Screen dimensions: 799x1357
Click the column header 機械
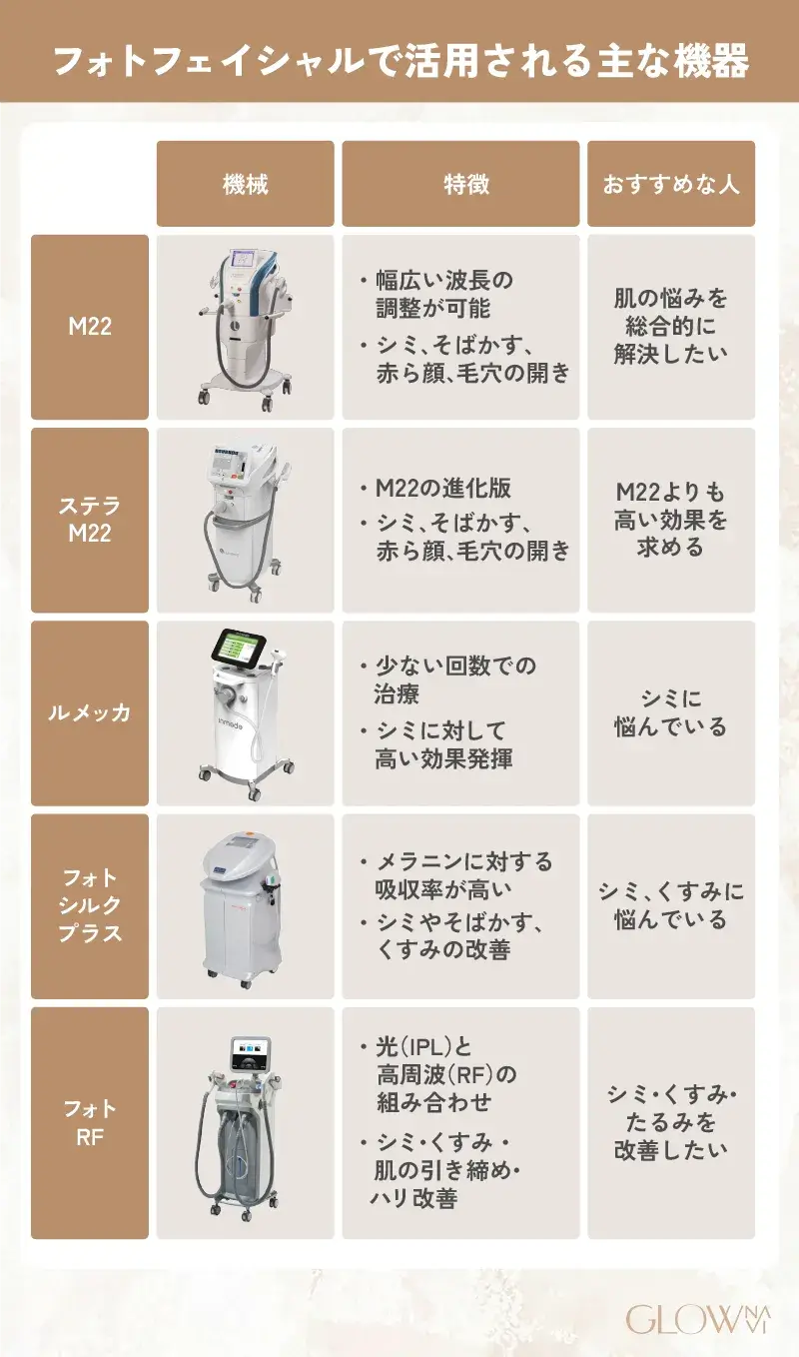tap(245, 184)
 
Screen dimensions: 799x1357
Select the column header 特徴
tap(466, 184)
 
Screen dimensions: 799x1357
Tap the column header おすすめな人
tap(671, 184)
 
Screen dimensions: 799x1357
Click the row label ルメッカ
tap(90, 712)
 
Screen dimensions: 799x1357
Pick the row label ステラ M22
tap(90, 520)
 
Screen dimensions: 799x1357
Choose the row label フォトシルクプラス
tap(90, 905)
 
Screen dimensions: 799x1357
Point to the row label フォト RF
tap(90, 1122)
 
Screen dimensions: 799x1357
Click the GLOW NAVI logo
tap(698, 1319)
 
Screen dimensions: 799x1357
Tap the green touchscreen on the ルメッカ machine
tap(240, 650)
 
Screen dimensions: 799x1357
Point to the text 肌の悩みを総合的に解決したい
tap(671, 326)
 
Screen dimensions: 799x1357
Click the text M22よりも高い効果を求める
tap(671, 520)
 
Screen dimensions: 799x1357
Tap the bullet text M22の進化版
tap(443, 488)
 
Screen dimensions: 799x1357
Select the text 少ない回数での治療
tap(454, 679)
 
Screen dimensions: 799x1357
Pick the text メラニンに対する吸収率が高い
tap(463, 874)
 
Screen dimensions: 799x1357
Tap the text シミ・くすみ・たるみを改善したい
tap(671, 1122)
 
